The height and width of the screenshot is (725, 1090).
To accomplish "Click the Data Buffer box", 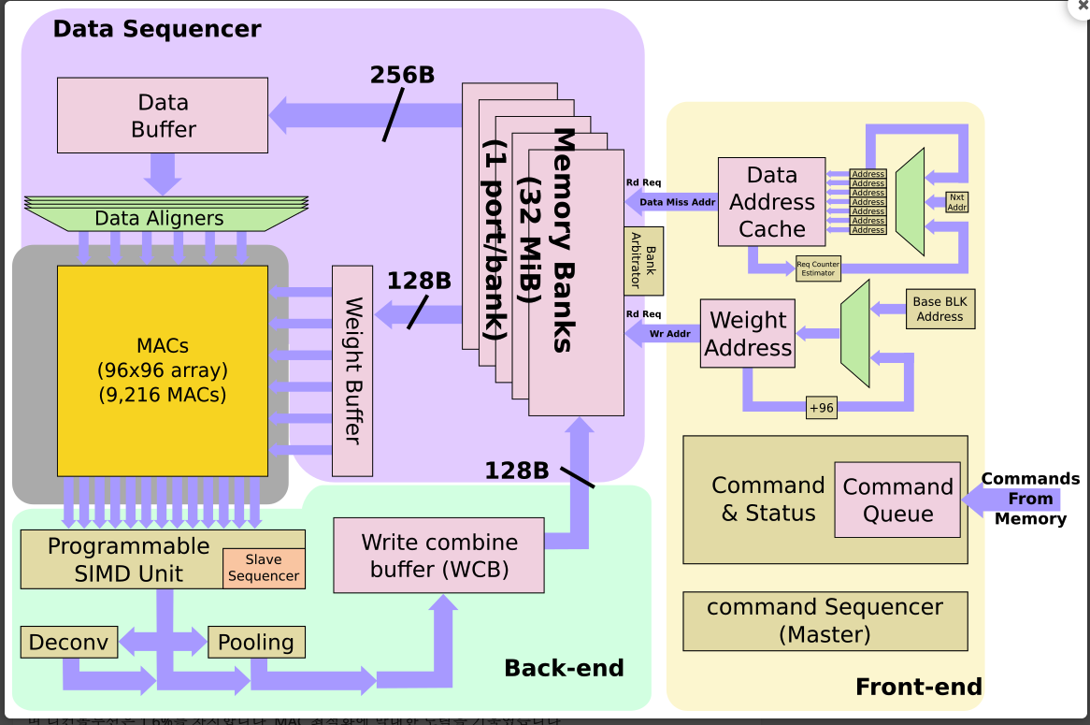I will coord(163,115).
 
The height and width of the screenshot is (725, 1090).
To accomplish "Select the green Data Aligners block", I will coord(159,218).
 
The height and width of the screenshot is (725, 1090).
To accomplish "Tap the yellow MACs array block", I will coord(163,370).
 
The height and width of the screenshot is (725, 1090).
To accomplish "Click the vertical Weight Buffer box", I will coord(352,370).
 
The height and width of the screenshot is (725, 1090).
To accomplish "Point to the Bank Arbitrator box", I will coord(643,261).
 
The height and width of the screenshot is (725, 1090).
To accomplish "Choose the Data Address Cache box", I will coord(771,202).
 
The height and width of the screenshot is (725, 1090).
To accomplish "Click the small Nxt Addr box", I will coord(956,202).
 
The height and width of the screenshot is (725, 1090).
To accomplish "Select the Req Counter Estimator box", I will coord(818,269).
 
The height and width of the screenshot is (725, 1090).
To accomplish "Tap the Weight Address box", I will coord(748,333).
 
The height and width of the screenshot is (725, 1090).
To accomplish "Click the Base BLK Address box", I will coord(939,310).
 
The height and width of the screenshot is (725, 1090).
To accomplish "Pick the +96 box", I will coord(821,407).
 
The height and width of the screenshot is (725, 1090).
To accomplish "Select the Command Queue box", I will coord(897,500).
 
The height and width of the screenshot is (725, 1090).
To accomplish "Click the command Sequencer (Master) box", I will coord(825,621).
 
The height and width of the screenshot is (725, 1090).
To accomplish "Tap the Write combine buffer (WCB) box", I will coord(438,555).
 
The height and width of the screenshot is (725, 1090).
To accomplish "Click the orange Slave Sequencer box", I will coord(264,568).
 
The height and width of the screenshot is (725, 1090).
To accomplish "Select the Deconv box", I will coord(69,643).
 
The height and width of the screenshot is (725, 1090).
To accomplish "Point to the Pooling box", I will coord(255,643).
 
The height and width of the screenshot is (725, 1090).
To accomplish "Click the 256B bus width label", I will coord(402,76).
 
